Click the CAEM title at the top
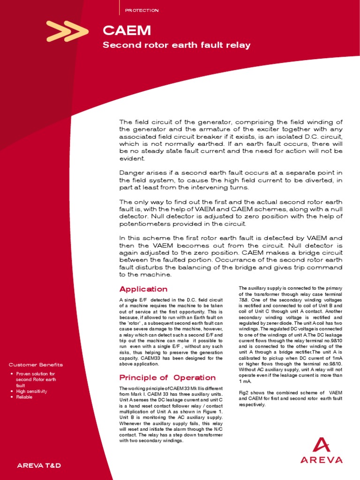pos(127,31)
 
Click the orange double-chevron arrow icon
pos(67,31)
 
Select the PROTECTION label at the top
pos(142,10)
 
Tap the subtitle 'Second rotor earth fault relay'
pos(176,45)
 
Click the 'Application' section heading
pos(143,289)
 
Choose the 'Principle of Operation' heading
pos(167,377)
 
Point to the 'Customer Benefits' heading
pos(36,365)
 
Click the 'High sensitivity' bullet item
pos(32,391)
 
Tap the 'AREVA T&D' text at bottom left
pos(39,465)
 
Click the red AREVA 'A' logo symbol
pos(322,446)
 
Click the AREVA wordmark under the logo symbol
pos(322,460)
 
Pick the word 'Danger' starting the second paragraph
pos(130,173)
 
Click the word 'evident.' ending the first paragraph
pos(132,158)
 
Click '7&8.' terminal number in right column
pos(244,299)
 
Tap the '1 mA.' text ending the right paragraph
pos(245,382)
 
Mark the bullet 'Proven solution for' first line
pos(36,374)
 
